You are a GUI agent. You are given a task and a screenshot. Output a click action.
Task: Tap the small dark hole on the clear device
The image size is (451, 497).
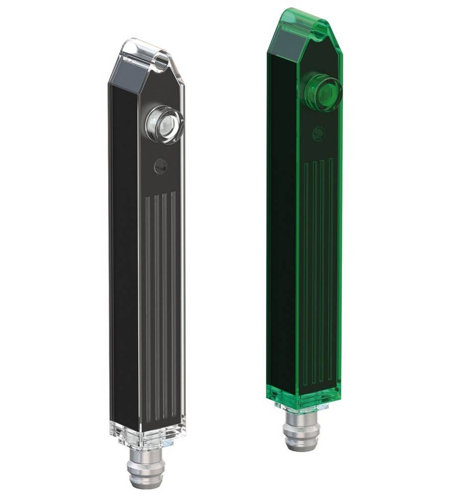[160, 166]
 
